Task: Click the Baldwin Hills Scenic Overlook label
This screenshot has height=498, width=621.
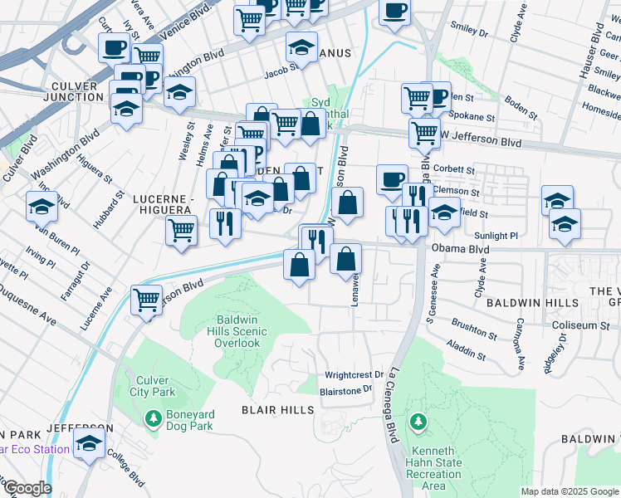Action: coord(238,331)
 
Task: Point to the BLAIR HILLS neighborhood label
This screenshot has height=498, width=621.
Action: coord(277,410)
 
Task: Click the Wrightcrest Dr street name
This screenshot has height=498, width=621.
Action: coord(355,375)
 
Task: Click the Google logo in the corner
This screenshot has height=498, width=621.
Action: coord(27,488)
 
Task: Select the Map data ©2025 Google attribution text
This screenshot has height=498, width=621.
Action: coord(569,491)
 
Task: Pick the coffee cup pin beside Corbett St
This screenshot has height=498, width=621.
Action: coord(392,178)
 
